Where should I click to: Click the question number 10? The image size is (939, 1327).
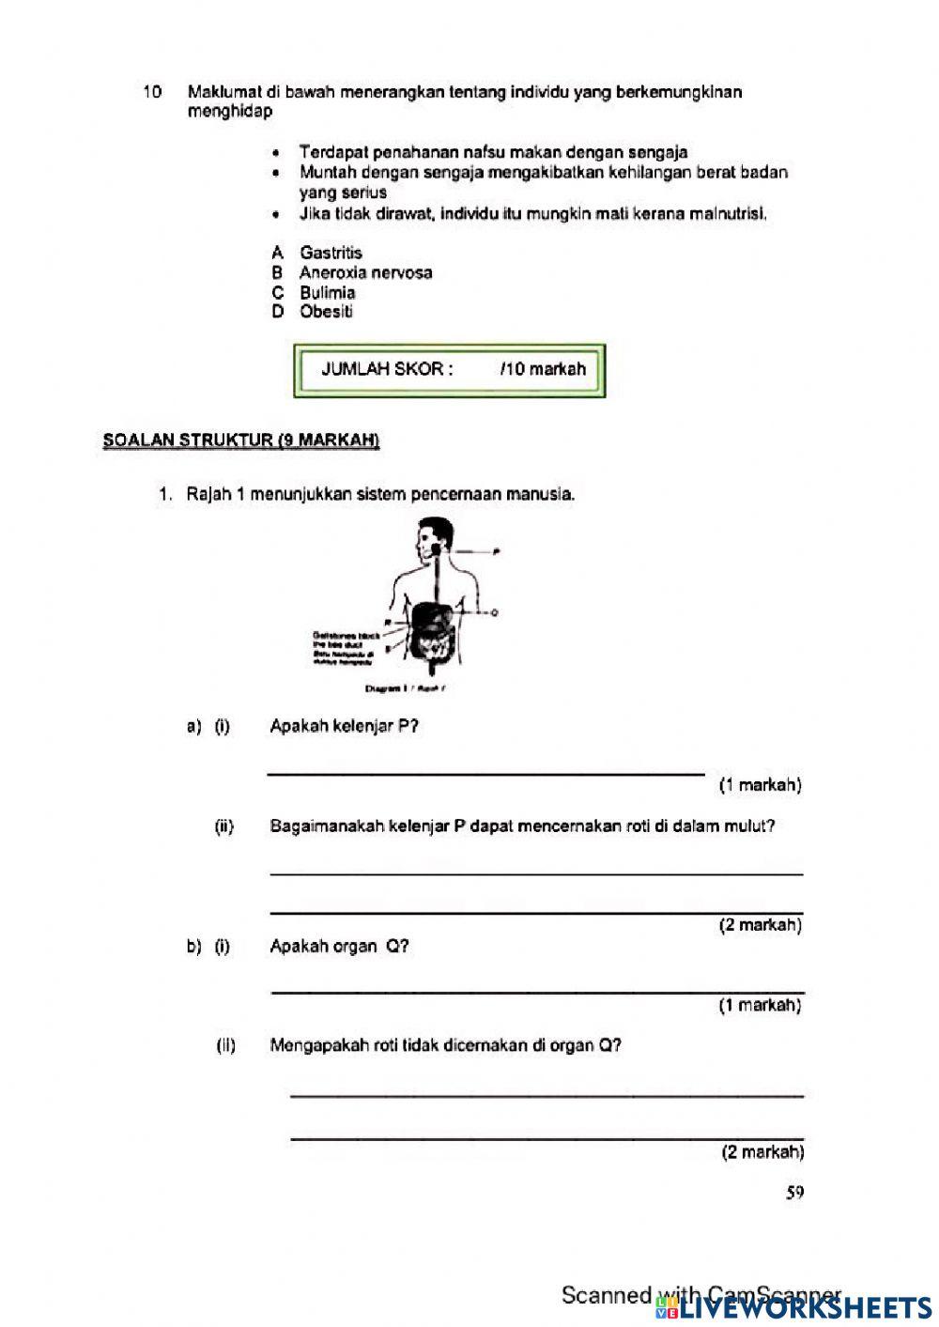(x=151, y=92)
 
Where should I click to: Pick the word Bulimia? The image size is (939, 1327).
(x=328, y=292)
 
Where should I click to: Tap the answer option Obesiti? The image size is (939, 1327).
(x=326, y=312)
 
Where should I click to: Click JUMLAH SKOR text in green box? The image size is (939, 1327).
(x=387, y=369)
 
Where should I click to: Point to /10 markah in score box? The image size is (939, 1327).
(x=543, y=369)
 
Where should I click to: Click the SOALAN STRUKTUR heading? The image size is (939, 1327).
(x=241, y=440)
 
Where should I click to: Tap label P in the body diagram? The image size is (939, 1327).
(x=495, y=552)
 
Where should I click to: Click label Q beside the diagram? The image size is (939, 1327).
(x=494, y=612)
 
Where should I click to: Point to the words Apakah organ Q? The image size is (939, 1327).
(x=339, y=947)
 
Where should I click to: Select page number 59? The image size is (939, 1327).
(x=794, y=1194)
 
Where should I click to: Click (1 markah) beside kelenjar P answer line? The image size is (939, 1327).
(x=760, y=785)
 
